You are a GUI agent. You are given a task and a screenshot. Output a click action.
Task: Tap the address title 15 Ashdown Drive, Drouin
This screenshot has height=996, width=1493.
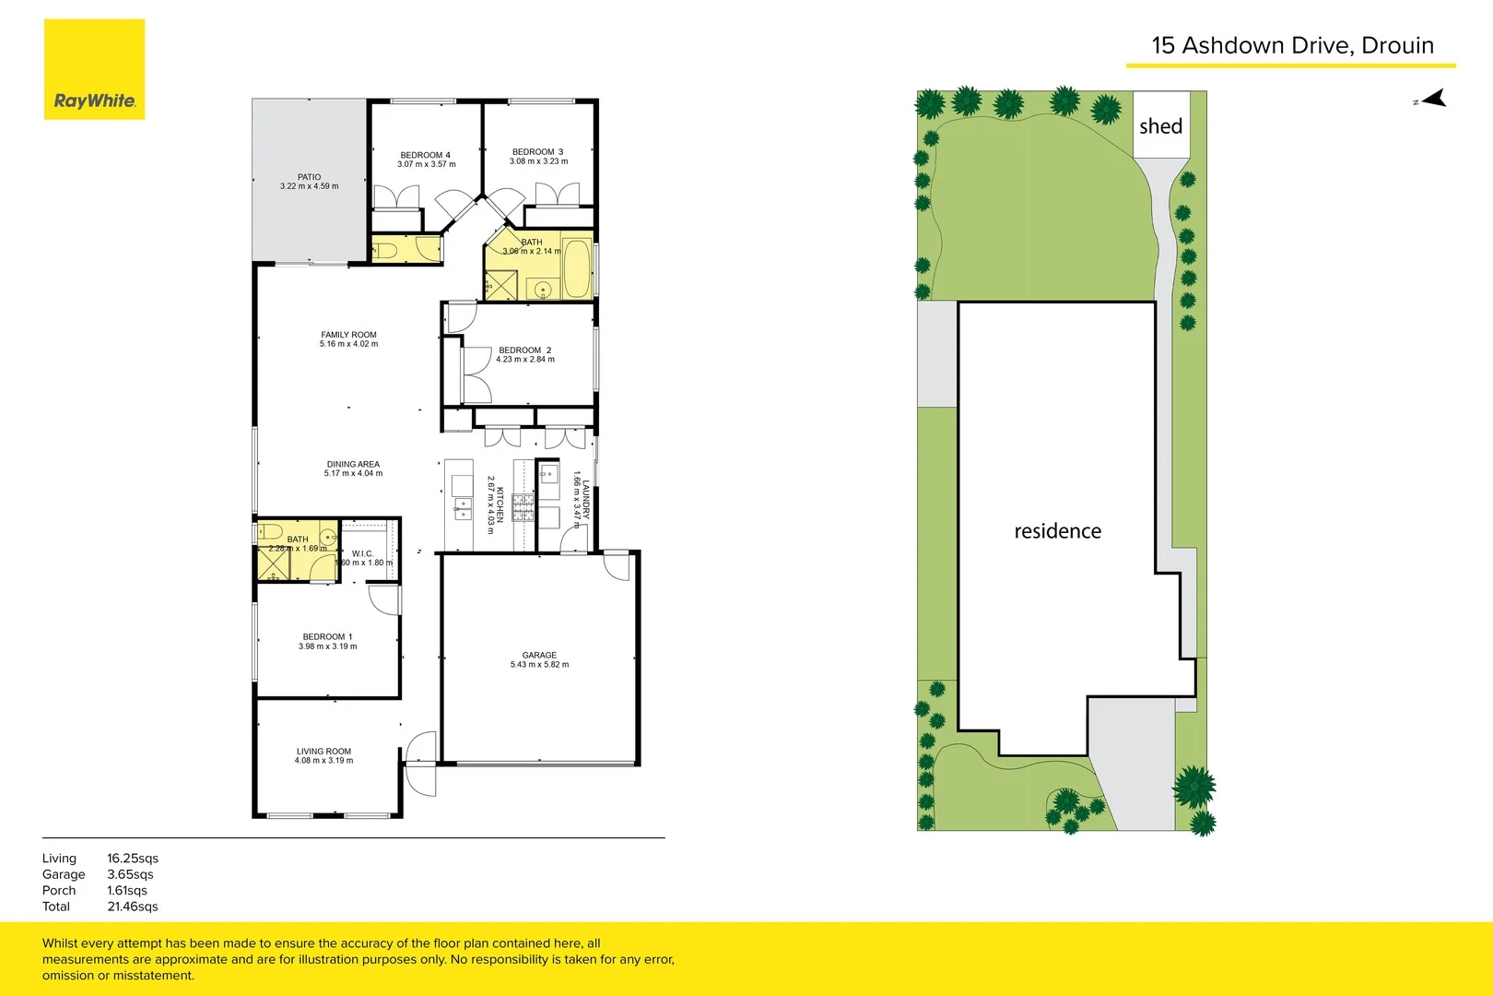pyautogui.click(x=1292, y=45)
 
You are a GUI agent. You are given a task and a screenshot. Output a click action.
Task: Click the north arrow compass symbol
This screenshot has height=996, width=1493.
pyautogui.click(x=1433, y=99)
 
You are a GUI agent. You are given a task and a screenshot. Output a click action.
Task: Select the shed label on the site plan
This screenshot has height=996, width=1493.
pyautogui.click(x=1160, y=126)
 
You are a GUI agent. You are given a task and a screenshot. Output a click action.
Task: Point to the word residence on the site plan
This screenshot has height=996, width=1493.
pyautogui.click(x=1057, y=531)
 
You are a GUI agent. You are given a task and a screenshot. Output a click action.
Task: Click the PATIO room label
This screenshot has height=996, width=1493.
pyautogui.click(x=310, y=177)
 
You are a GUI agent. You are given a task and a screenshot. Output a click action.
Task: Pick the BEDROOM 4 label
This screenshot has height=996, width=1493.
pyautogui.click(x=425, y=155)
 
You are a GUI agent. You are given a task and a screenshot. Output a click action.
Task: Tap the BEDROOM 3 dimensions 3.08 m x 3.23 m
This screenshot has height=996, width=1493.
pyautogui.click(x=538, y=161)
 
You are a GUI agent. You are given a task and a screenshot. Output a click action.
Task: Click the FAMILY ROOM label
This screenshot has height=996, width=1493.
pyautogui.click(x=348, y=335)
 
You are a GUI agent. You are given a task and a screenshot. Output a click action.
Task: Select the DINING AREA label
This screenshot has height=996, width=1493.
pyautogui.click(x=353, y=464)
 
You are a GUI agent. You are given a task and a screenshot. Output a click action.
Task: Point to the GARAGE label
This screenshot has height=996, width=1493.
pyautogui.click(x=539, y=655)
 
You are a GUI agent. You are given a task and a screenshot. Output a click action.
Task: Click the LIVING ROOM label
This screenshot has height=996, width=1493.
pyautogui.click(x=323, y=751)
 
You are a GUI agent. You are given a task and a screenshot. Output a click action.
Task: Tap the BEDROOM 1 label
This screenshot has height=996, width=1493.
pyautogui.click(x=327, y=636)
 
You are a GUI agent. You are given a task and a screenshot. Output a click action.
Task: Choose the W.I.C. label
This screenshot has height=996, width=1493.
pyautogui.click(x=362, y=553)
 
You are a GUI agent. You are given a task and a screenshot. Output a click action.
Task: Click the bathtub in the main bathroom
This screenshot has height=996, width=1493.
pyautogui.click(x=577, y=268)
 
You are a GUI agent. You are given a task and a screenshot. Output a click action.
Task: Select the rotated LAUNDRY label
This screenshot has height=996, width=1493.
pyautogui.click(x=585, y=499)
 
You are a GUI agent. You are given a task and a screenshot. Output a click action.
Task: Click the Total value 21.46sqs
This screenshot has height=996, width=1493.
pyautogui.click(x=132, y=907)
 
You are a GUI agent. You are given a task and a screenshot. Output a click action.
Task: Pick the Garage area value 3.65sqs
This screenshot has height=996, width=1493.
pyautogui.click(x=130, y=874)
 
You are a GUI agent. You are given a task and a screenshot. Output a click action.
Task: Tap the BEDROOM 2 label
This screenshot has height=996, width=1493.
pyautogui.click(x=524, y=350)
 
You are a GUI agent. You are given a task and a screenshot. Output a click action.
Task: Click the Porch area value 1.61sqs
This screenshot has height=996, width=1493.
pyautogui.click(x=127, y=891)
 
